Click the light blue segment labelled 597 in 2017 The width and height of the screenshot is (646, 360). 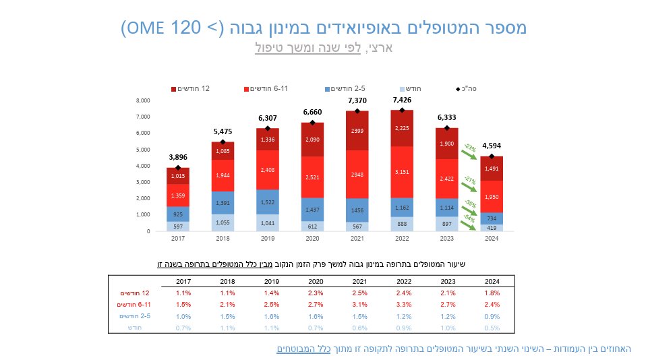point(178,226)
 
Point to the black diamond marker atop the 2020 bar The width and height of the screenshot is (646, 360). point(313,123)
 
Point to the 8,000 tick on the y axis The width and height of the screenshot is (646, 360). point(143,100)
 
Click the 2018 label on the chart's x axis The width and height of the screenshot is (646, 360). point(223,237)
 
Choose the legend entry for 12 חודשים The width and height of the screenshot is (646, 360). point(192,88)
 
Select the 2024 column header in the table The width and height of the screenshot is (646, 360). point(492,281)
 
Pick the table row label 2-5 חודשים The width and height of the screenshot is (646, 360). point(134,316)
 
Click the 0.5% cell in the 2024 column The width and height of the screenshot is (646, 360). point(492,327)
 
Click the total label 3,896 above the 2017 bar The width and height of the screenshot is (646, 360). point(178,157)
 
